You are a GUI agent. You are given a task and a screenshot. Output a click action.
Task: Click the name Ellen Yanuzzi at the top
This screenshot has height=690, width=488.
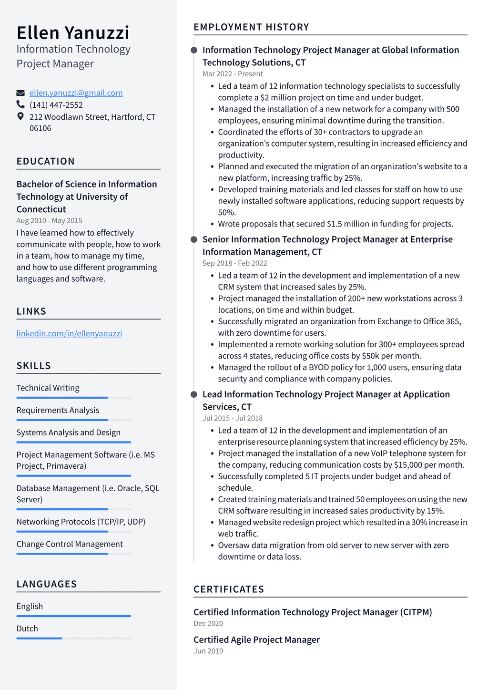tap(73, 33)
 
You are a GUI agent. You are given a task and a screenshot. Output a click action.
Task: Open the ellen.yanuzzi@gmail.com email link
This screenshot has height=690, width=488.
tap(76, 93)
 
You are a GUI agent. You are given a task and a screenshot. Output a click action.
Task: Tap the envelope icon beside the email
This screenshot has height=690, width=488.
tap(20, 93)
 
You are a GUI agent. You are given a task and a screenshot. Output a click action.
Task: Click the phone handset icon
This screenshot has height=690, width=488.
tap(20, 104)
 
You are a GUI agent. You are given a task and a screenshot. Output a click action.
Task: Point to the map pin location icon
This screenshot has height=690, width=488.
tap(20, 116)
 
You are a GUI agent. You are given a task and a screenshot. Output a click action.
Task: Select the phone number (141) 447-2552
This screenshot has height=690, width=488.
tap(56, 105)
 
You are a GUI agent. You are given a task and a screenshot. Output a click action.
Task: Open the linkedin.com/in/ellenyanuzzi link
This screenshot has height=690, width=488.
tap(69, 333)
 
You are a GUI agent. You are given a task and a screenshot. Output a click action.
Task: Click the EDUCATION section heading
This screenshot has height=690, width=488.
tap(45, 161)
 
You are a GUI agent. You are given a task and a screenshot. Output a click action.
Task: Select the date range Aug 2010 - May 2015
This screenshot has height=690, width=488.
tap(49, 220)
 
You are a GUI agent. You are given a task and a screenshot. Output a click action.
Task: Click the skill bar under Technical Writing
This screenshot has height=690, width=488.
tap(73, 398)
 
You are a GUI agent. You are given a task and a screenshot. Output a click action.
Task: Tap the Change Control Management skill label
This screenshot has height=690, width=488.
tap(70, 544)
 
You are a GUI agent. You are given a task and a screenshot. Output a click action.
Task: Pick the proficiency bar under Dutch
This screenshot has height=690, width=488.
tap(73, 638)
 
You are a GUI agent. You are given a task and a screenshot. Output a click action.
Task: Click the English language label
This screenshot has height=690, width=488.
tap(30, 606)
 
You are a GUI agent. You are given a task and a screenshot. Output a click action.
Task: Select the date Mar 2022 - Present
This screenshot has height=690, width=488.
tap(233, 74)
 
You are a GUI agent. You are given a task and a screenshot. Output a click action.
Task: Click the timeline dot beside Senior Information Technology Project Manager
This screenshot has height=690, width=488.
tap(194, 239)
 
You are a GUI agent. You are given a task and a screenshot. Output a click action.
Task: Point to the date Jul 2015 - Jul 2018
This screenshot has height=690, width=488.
tap(233, 418)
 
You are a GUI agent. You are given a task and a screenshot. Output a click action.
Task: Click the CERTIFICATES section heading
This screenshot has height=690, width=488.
tap(229, 589)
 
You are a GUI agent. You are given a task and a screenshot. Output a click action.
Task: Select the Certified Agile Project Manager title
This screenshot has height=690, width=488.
tap(256, 639)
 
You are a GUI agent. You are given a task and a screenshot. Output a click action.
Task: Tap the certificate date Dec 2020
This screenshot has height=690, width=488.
tap(208, 623)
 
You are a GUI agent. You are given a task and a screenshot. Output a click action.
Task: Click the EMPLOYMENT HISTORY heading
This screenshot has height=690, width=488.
tap(251, 27)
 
